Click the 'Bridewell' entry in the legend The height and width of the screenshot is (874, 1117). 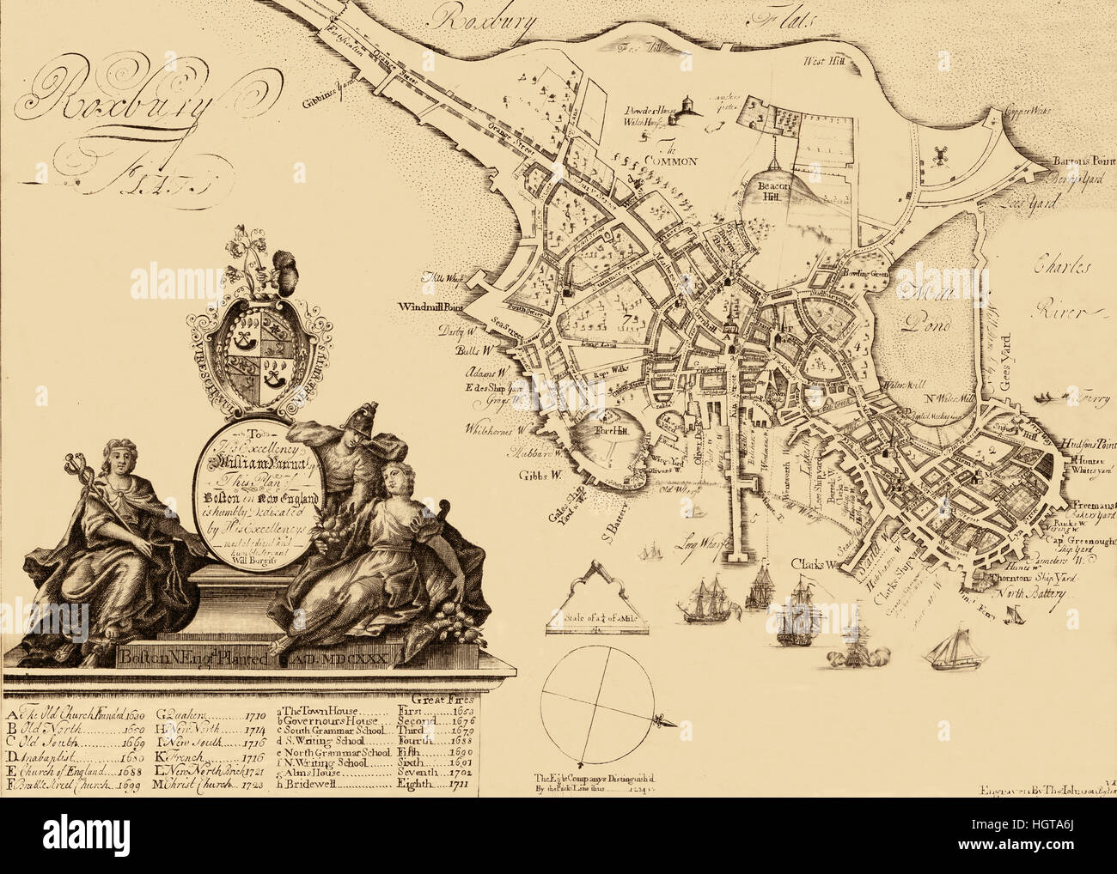(x=313, y=785)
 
